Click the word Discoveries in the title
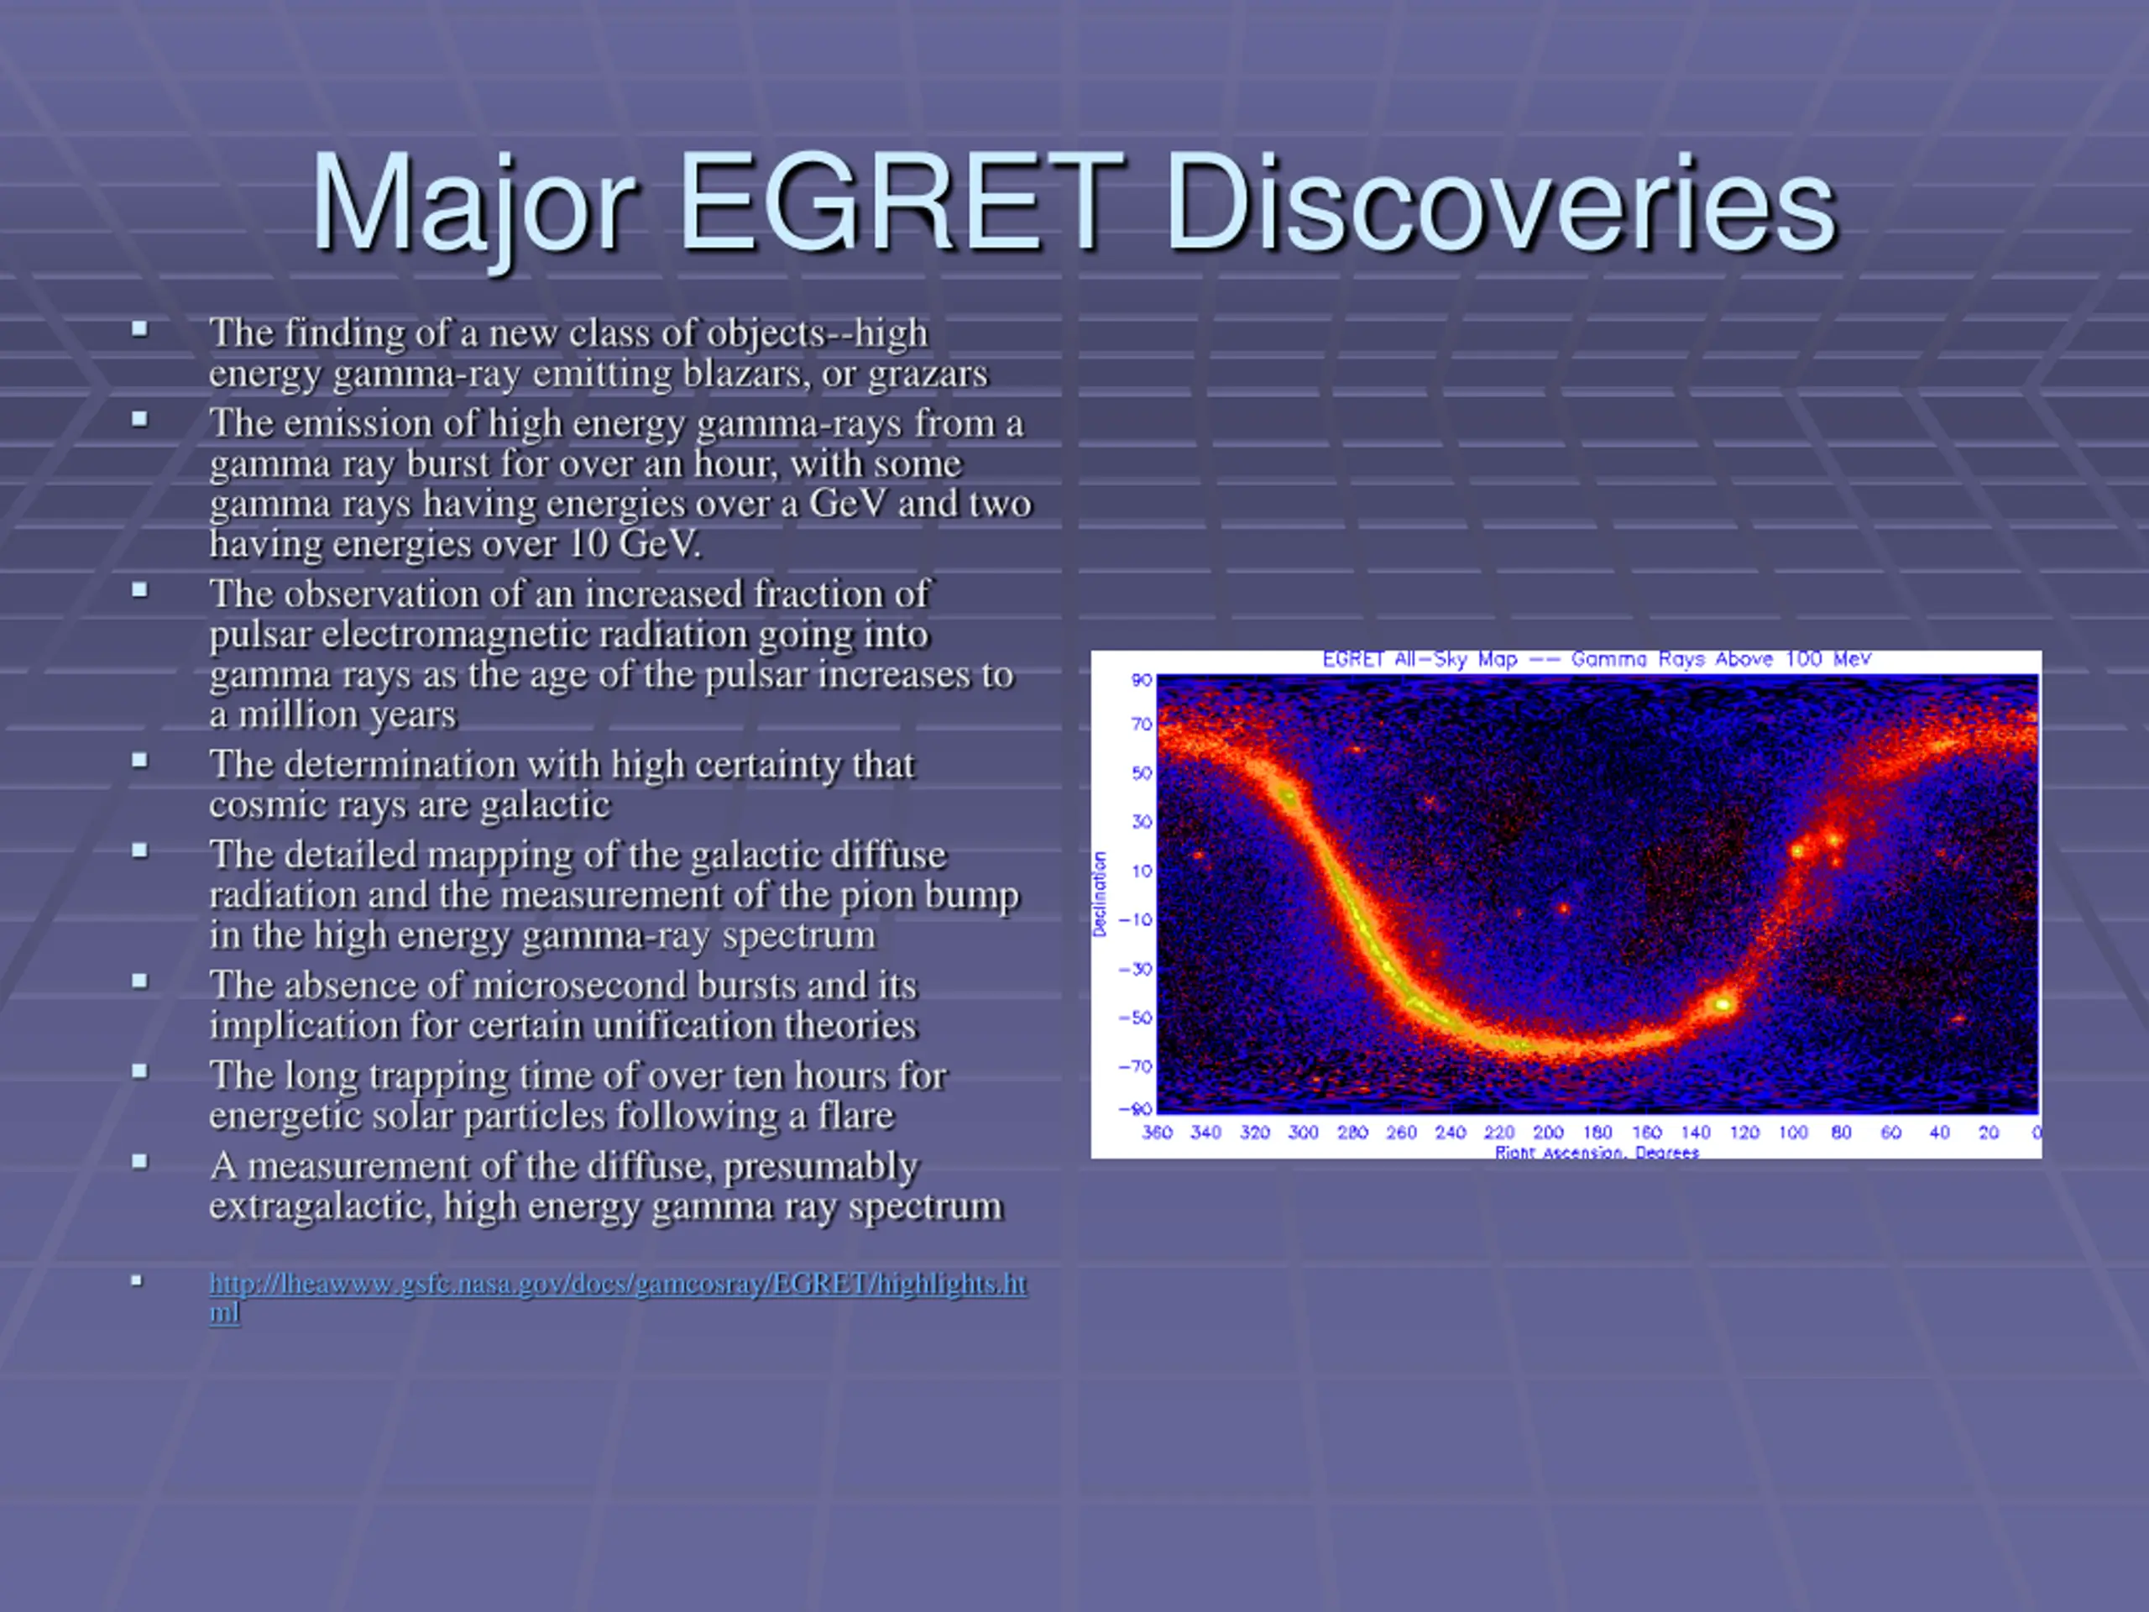coord(1500,203)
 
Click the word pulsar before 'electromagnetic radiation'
coord(259,636)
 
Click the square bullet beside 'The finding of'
coord(140,329)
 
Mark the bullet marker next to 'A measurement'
coord(140,1161)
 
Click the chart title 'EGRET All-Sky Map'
coord(1420,660)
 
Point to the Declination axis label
coord(1100,894)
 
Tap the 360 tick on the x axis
coord(1157,1132)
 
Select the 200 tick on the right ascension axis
coord(1549,1132)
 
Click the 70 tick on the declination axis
coord(1142,724)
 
